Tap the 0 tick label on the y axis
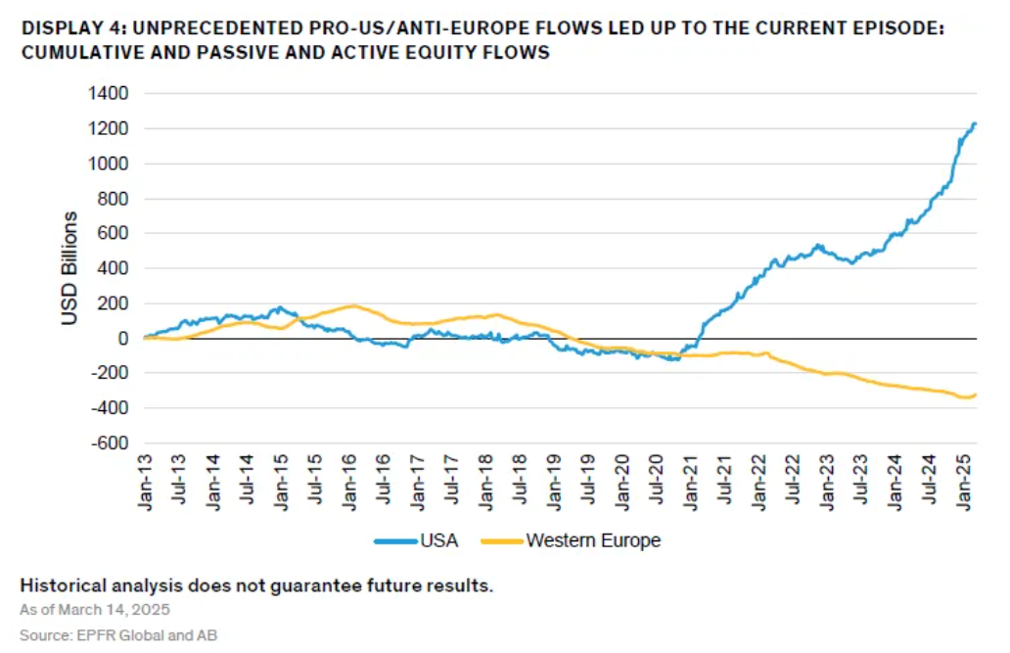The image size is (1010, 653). click(x=123, y=338)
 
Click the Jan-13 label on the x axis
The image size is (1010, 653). click(x=146, y=483)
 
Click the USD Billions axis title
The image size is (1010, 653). click(x=71, y=267)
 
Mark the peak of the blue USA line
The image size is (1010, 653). click(x=974, y=123)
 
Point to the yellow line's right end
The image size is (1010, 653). click(x=976, y=395)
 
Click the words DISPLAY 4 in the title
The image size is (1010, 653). click(x=62, y=29)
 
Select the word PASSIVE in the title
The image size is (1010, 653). click(x=194, y=52)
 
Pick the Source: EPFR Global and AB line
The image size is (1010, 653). click(x=118, y=635)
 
